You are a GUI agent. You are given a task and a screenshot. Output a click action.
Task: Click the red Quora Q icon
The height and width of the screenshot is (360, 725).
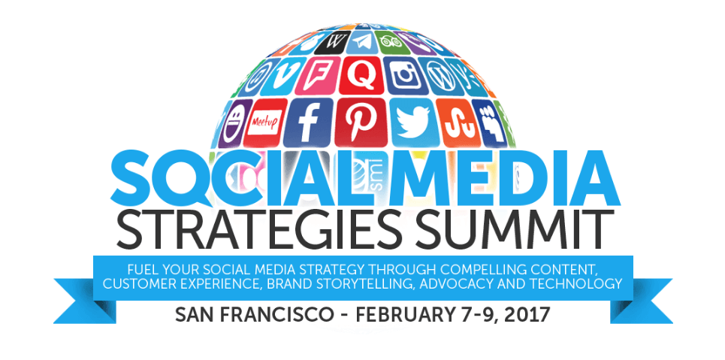[x=361, y=74]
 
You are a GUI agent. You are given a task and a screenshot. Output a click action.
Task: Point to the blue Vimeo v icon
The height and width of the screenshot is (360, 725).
[x=280, y=77]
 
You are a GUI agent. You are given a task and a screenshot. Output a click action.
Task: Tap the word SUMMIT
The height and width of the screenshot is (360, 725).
[x=515, y=228]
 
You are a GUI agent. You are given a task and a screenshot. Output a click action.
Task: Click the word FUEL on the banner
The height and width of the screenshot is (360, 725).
[x=141, y=268]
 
